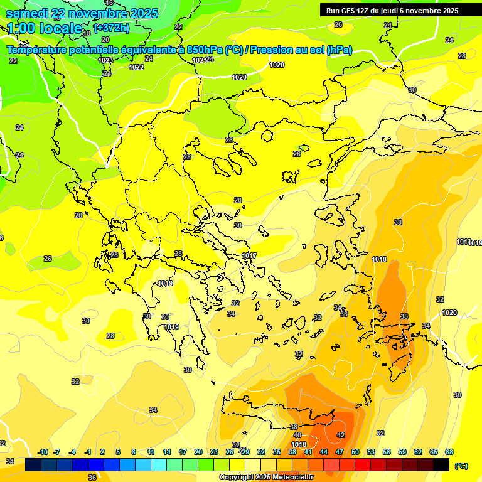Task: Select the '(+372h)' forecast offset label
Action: click(x=112, y=27)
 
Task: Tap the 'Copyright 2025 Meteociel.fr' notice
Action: click(x=265, y=478)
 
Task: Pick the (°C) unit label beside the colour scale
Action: click(x=461, y=466)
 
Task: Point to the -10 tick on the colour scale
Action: click(x=43, y=452)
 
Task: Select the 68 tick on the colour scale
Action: click(x=449, y=452)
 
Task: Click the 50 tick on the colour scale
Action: click(x=355, y=452)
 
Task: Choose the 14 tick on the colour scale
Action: click(x=167, y=452)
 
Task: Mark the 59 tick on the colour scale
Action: click(x=402, y=452)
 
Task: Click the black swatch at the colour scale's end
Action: click(x=441, y=464)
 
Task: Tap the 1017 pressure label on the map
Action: click(x=249, y=255)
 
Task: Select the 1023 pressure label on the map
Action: click(x=105, y=60)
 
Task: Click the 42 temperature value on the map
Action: click(x=341, y=435)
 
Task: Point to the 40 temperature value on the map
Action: click(x=297, y=435)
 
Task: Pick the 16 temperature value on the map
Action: click(x=109, y=3)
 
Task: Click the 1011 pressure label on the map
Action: click(x=463, y=242)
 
